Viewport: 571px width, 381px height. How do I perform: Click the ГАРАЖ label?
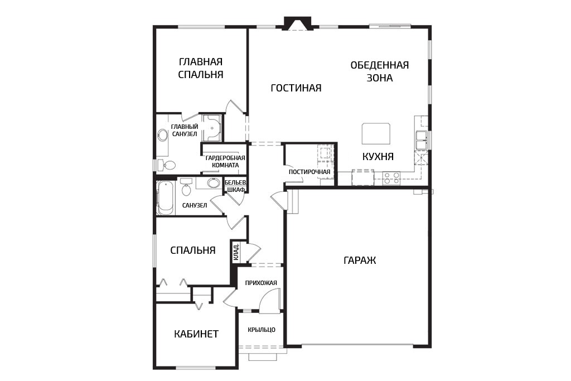360,261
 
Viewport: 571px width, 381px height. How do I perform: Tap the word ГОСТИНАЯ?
296,88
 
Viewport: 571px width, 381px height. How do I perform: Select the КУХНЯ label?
378,157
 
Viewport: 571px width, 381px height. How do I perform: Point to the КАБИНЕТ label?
196,334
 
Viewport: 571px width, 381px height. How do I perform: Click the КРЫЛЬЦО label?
262,330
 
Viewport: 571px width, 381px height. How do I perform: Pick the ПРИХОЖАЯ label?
261,283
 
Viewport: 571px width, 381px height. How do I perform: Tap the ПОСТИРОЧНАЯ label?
309,172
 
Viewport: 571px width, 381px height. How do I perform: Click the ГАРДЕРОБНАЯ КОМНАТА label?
225,162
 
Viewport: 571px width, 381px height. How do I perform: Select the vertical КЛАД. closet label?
236,252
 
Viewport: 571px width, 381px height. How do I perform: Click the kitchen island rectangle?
376,133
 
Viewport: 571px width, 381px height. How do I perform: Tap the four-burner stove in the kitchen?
391,178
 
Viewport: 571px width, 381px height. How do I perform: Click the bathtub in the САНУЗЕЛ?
165,198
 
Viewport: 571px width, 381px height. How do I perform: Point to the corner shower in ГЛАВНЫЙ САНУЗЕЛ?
212,128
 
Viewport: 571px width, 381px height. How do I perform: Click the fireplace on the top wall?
298,24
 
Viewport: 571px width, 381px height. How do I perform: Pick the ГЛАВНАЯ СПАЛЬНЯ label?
200,68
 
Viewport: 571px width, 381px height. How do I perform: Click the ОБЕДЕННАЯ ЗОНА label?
379,71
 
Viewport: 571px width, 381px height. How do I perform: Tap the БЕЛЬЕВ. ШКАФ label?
235,186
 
